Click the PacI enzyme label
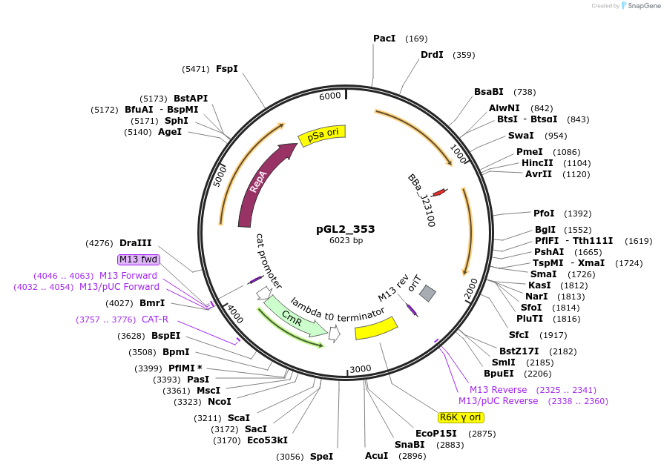point(384,38)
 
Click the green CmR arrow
point(291,316)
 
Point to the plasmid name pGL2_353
point(346,228)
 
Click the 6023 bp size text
point(346,240)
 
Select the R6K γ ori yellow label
point(461,417)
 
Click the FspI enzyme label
point(226,68)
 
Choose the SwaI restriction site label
point(521,136)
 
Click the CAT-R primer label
point(155,320)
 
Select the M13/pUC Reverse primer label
point(498,401)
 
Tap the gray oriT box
point(427,294)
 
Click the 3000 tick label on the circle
point(360,368)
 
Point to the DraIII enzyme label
point(135,242)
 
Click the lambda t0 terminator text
point(338,310)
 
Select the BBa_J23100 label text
point(421,200)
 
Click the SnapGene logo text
point(642,5)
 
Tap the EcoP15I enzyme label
point(435,434)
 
